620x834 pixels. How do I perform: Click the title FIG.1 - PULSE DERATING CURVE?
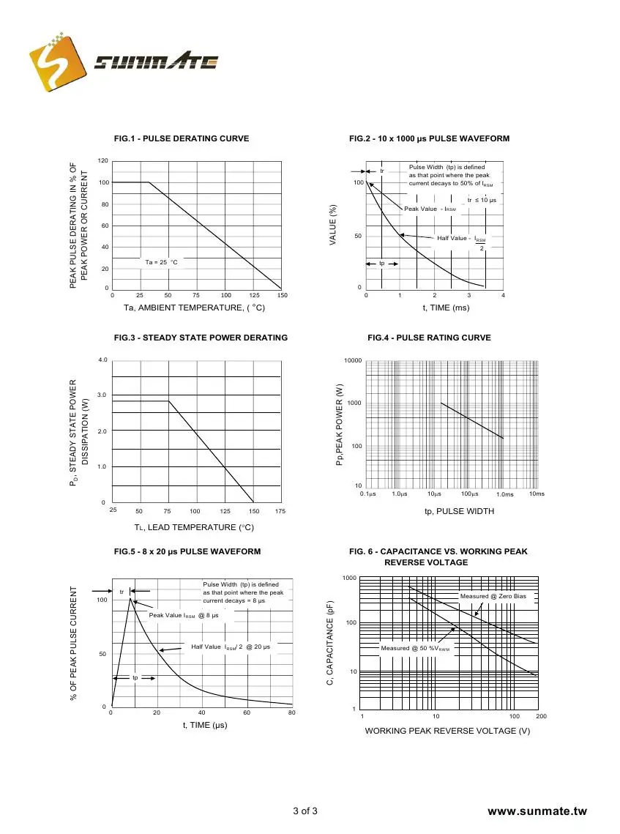coord(182,138)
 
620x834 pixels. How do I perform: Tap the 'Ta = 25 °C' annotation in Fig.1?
coord(161,262)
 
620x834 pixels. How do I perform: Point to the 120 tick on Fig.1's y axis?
coord(103,160)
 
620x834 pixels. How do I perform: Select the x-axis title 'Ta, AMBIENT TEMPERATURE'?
coord(194,308)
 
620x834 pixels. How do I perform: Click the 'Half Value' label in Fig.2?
coord(453,238)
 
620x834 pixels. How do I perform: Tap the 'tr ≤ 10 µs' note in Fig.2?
coord(482,200)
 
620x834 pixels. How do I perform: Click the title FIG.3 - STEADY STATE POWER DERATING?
coord(201,338)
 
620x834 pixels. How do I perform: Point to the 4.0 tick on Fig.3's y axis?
coord(103,360)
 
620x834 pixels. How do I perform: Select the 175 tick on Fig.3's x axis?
coord(280,511)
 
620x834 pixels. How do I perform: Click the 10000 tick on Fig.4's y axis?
coord(354,361)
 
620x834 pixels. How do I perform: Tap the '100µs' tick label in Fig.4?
coord(469,494)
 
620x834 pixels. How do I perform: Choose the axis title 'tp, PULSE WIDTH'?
coord(459,511)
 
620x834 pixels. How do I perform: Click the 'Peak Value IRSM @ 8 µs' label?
coord(184,615)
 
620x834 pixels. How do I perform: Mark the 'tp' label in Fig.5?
coord(135,678)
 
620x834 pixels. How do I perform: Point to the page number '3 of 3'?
coord(305,811)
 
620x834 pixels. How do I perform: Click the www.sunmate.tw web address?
coord(537,811)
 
